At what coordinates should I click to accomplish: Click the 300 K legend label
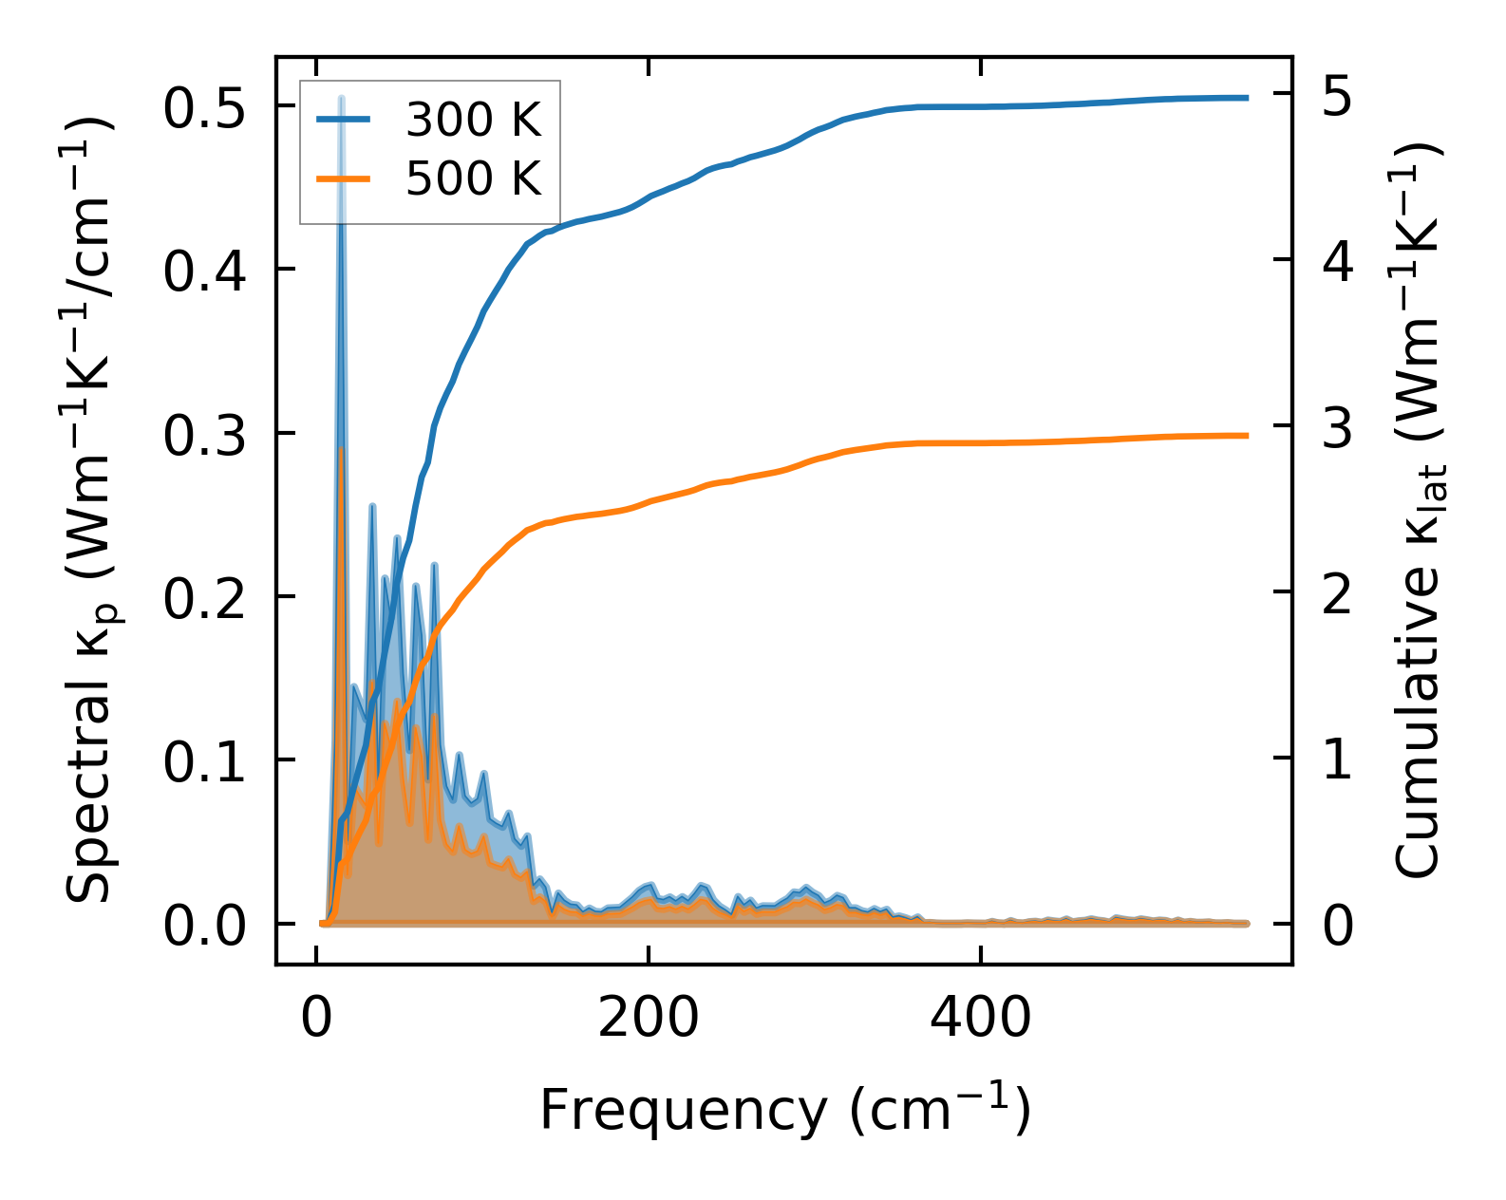(x=473, y=121)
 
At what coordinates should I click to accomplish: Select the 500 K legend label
(x=473, y=178)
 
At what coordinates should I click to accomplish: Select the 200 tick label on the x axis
(x=648, y=1019)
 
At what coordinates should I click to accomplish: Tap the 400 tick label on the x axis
(x=979, y=1019)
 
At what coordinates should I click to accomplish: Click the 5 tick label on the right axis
(x=1337, y=97)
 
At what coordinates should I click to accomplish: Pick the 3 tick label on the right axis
(x=1337, y=428)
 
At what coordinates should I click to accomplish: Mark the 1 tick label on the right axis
(x=1337, y=759)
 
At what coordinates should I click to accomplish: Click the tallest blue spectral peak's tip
(x=341, y=99)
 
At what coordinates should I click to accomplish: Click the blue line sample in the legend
(x=344, y=120)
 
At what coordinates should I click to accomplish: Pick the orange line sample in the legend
(x=344, y=178)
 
